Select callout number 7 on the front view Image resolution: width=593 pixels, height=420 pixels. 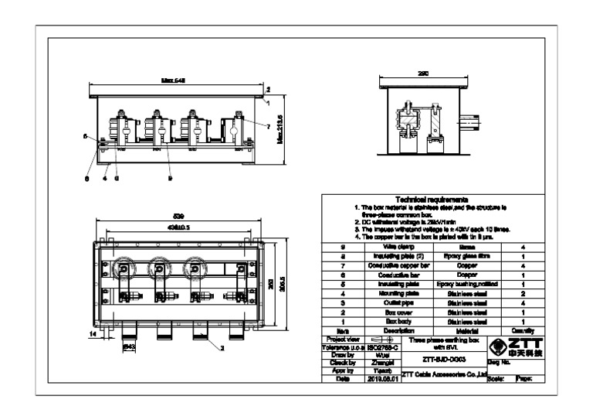(x=268, y=125)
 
